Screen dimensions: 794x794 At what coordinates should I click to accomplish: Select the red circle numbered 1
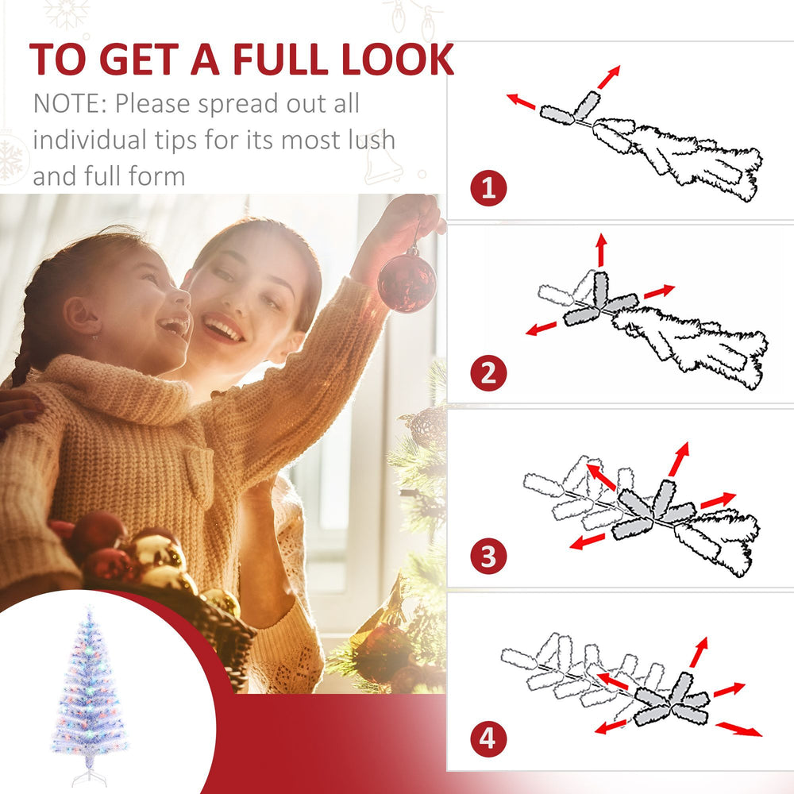tap(488, 189)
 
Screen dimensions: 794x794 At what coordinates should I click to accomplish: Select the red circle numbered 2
tap(488, 373)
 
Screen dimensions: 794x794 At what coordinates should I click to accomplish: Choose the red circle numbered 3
tap(488, 555)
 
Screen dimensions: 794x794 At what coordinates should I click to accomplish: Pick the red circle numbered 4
tap(488, 739)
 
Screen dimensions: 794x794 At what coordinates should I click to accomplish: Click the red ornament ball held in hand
tap(406, 281)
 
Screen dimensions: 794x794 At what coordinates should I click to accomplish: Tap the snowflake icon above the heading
tap(67, 12)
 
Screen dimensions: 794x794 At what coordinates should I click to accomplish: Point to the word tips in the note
tap(180, 140)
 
